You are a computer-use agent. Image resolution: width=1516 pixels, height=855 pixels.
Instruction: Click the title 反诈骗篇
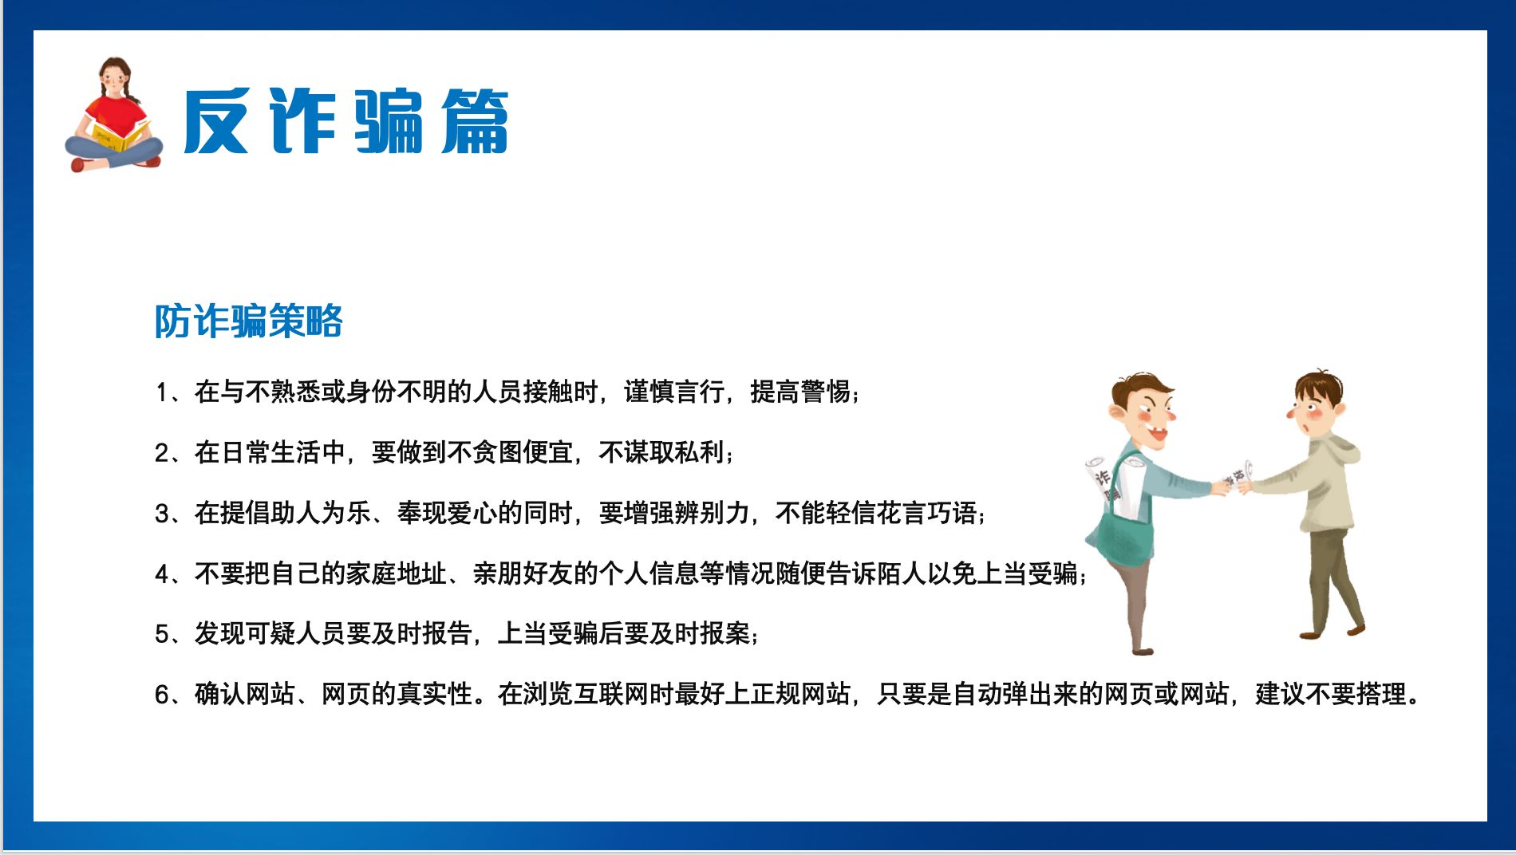coord(345,121)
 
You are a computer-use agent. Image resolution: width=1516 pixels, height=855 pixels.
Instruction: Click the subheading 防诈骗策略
coord(248,321)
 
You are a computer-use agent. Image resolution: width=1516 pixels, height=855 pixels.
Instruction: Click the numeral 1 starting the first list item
coord(162,392)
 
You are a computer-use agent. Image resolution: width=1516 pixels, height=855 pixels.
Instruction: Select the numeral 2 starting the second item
coord(162,453)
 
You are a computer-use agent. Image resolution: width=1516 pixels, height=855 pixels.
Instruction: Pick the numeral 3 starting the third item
coord(162,513)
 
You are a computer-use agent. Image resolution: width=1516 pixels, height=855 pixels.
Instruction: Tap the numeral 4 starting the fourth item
coord(162,573)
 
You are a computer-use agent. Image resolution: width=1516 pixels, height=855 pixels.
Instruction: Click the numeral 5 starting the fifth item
coord(162,634)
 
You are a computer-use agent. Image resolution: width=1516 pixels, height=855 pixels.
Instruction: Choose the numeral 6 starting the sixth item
coord(162,694)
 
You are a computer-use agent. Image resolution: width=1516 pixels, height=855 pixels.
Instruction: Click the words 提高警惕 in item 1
coord(799,392)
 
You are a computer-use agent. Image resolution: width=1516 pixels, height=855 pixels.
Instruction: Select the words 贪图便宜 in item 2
coord(523,452)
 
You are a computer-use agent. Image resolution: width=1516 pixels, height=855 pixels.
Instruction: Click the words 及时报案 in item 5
coord(699,634)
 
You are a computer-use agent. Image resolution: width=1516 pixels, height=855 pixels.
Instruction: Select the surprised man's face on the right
coord(1313,408)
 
